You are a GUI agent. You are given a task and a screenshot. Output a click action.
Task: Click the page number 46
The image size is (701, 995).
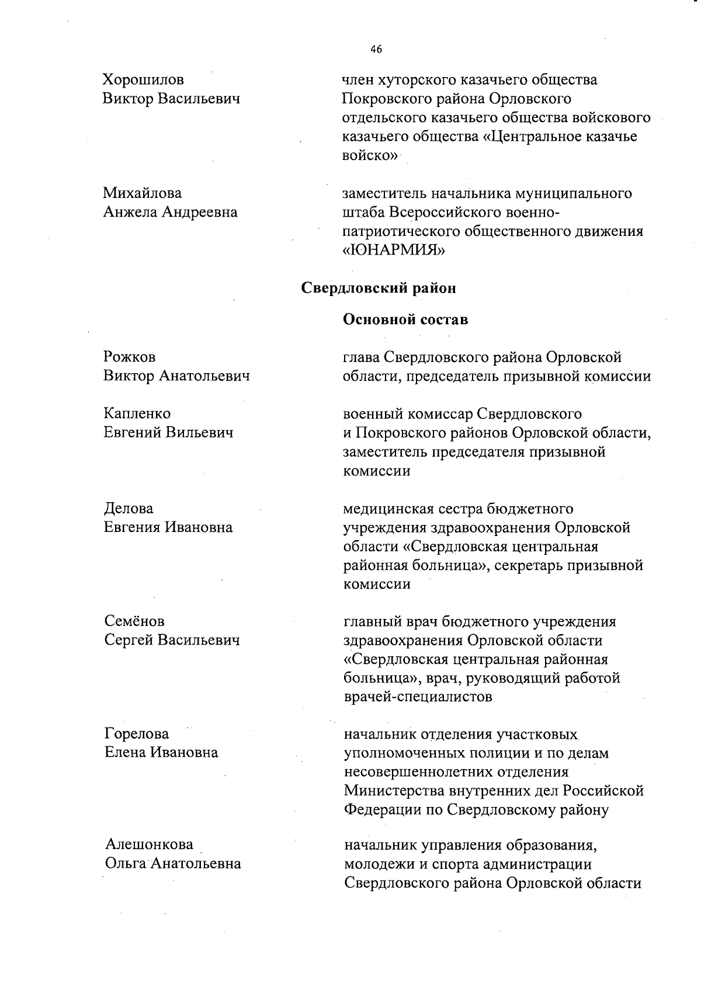click(376, 50)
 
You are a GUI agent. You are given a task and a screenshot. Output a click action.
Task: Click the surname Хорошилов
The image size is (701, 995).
click(143, 79)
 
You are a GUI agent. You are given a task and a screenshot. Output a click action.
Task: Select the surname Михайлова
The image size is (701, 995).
click(143, 193)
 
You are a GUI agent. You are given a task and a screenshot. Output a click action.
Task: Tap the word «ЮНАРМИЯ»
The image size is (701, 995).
click(394, 251)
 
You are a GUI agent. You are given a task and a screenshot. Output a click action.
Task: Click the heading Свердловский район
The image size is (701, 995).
click(378, 288)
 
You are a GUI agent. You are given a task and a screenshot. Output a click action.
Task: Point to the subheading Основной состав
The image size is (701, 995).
click(405, 319)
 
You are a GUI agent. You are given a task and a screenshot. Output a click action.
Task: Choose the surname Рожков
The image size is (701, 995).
click(130, 357)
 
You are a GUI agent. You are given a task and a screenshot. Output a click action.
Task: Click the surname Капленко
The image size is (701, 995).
click(137, 413)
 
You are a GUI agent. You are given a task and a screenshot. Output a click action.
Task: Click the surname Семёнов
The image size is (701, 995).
click(134, 621)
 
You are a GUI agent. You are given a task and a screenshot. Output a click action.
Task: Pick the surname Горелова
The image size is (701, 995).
click(137, 734)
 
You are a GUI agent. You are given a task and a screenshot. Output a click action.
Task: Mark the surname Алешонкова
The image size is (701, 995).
click(150, 844)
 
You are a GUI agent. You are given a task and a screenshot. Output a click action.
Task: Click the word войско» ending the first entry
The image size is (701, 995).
click(370, 156)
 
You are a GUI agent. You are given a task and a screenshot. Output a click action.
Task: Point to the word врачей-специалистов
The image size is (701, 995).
click(418, 697)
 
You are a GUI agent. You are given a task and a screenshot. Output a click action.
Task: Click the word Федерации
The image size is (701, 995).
click(384, 810)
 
